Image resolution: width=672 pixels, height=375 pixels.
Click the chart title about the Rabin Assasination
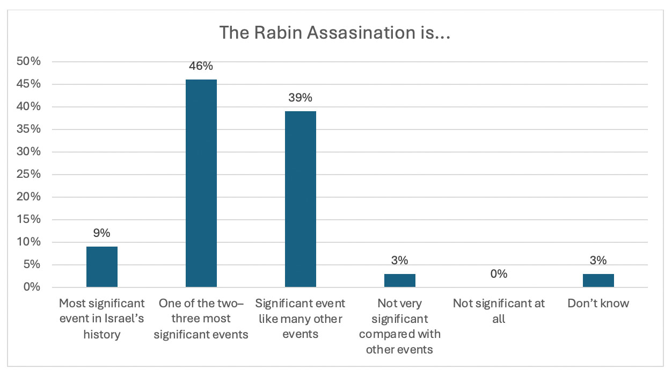pyautogui.click(x=334, y=33)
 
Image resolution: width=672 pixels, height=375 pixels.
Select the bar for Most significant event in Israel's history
pyautogui.click(x=102, y=266)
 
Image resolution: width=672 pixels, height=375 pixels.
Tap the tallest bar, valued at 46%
pyautogui.click(x=201, y=183)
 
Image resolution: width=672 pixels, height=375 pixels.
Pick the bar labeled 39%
pyautogui.click(x=301, y=199)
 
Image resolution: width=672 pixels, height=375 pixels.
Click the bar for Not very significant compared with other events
pyautogui.click(x=400, y=280)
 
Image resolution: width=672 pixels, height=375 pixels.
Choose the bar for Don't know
pyautogui.click(x=598, y=280)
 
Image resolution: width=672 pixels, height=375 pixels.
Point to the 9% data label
pyautogui.click(x=102, y=233)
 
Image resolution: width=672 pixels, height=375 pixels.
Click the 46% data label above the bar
pyautogui.click(x=201, y=66)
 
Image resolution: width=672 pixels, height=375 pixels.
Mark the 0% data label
pyautogui.click(x=499, y=274)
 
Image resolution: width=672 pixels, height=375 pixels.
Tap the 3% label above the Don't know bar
pyautogui.click(x=598, y=261)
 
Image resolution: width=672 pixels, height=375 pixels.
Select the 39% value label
pyautogui.click(x=301, y=98)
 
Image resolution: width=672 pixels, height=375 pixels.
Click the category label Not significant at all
pyautogui.click(x=499, y=311)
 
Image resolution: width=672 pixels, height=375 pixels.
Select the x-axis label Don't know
pyautogui.click(x=598, y=304)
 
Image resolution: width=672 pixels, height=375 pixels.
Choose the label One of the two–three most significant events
pyautogui.click(x=201, y=319)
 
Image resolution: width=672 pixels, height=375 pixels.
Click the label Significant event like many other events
pyautogui.click(x=301, y=319)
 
